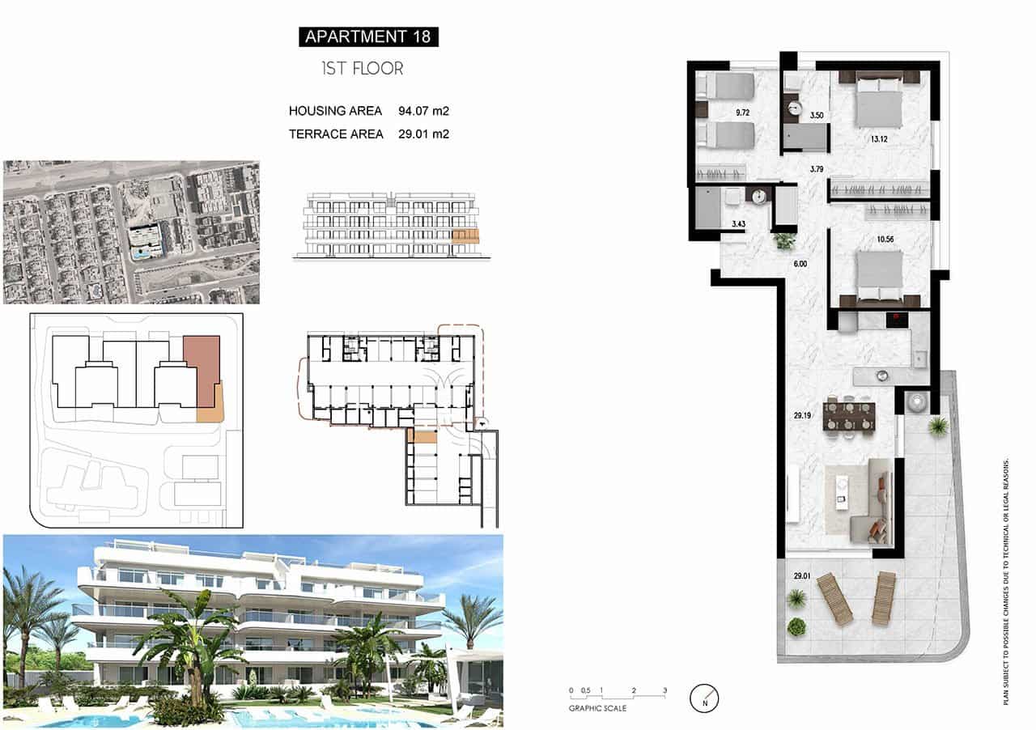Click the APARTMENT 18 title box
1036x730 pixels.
(368, 36)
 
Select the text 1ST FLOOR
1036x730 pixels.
(362, 69)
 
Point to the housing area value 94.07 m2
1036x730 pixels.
(424, 111)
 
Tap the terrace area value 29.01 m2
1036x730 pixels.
(424, 134)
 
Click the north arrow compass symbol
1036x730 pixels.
(704, 698)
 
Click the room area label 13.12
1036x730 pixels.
(880, 138)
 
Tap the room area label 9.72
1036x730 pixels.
(742, 112)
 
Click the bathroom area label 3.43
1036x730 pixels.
(738, 223)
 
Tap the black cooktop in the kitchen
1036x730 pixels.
(897, 320)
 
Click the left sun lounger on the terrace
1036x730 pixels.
(834, 598)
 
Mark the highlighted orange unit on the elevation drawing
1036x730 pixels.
(465, 236)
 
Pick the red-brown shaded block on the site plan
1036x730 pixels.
(201, 371)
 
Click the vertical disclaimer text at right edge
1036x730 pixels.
(1006, 581)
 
